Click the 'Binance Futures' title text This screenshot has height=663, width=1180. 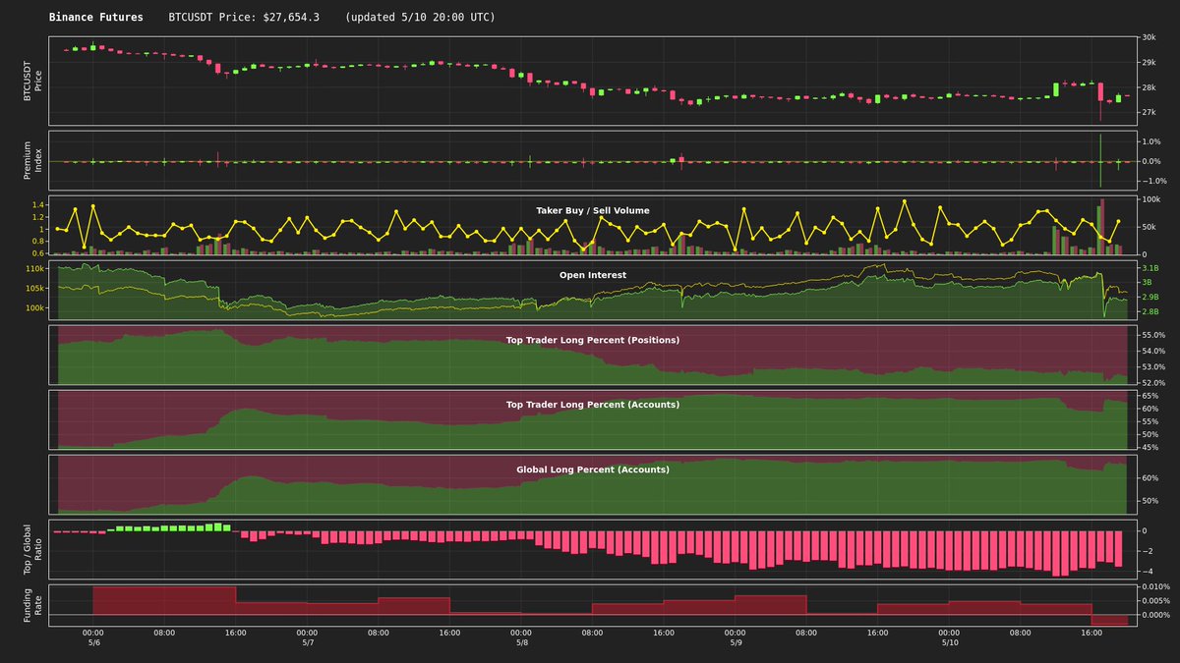pos(95,18)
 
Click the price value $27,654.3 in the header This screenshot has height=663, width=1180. pos(292,18)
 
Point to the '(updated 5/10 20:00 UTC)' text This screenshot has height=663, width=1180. pos(420,18)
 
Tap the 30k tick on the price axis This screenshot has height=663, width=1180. pos(1149,38)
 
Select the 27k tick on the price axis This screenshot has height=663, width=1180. pos(1149,113)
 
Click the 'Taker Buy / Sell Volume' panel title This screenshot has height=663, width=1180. pos(592,210)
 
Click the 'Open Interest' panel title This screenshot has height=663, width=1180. pos(592,275)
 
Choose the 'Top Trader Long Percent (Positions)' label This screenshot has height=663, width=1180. pos(592,340)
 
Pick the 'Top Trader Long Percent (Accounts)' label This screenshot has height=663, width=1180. pos(592,404)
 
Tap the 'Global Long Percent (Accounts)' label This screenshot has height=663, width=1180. pos(592,470)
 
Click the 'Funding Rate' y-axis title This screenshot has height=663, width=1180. pos(32,605)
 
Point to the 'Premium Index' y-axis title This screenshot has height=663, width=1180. pos(32,160)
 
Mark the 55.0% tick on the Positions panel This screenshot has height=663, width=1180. pos(1153,336)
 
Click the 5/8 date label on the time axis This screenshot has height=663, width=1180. pos(521,642)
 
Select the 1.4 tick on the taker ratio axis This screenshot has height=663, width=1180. pos(38,204)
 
